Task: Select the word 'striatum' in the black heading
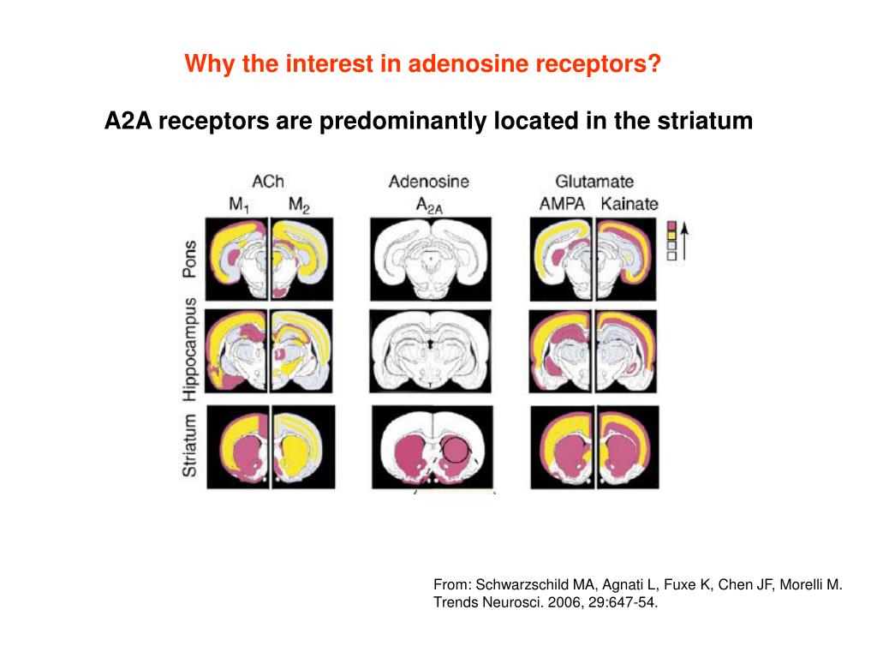coord(705,122)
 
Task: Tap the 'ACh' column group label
coord(267,181)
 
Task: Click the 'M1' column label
coord(239,205)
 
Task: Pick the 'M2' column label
coord(299,205)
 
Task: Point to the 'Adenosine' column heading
coord(428,181)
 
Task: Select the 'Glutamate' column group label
coord(594,181)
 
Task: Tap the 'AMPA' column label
coord(561,205)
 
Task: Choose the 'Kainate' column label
coord(629,205)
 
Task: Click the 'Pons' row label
coord(190,258)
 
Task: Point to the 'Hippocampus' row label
coord(190,350)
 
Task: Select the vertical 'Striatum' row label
coord(190,446)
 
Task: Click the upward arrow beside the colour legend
coord(685,240)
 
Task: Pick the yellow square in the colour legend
coord(671,234)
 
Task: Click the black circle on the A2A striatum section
coord(456,449)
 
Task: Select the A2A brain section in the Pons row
coord(431,258)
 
